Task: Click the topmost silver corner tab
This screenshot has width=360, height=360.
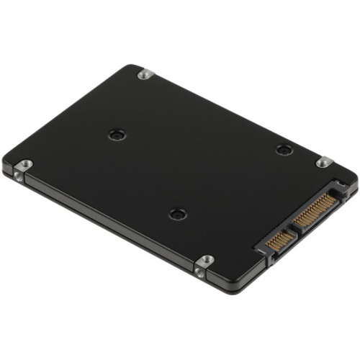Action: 145,73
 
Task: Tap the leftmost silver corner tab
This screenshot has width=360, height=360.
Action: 23,165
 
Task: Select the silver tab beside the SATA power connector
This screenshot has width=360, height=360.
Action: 324,162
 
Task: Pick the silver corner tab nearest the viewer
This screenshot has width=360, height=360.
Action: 205,260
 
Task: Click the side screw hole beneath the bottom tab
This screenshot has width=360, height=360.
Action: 199,272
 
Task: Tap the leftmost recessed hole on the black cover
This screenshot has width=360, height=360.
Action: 117,135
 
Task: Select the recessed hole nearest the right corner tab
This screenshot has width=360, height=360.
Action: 284,150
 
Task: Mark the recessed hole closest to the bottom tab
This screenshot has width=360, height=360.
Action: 177,214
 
